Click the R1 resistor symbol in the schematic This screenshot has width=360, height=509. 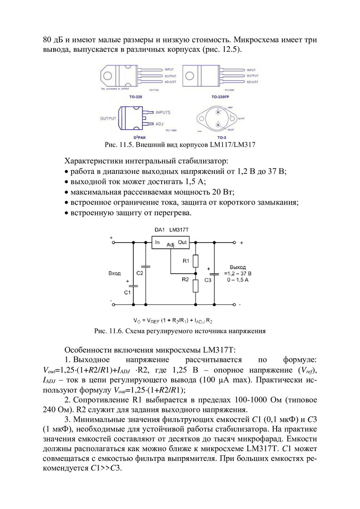(x=196, y=260)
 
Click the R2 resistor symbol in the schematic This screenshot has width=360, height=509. (x=196, y=286)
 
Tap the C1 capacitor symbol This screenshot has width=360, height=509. (x=133, y=286)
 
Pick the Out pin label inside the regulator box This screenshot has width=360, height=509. (x=182, y=242)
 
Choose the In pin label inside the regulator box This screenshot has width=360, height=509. (x=156, y=242)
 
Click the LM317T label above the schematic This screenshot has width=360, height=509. (x=179, y=230)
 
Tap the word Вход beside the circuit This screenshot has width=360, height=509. (x=114, y=273)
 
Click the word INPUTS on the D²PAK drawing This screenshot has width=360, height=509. (x=163, y=112)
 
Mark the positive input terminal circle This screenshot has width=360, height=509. (x=113, y=243)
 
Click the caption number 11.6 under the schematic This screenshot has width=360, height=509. (x=116, y=331)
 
